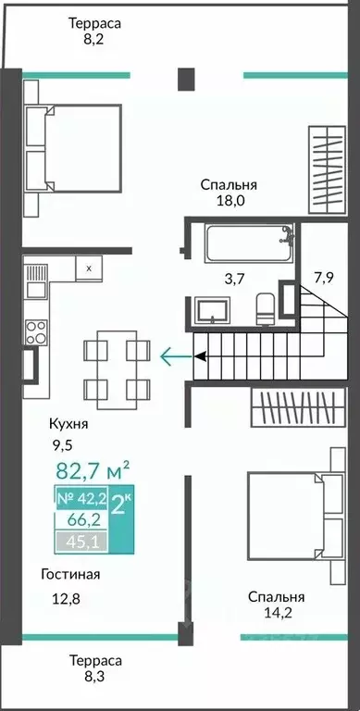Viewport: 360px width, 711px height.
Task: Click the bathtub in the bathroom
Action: pos(250,243)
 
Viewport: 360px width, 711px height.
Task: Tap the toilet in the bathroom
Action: pos(266,308)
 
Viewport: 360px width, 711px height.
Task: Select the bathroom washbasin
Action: pos(212,310)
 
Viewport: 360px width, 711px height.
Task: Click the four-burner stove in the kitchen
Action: pos(36,332)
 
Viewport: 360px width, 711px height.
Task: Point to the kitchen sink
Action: pos(35,281)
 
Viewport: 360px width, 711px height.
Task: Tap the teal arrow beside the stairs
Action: pos(177,356)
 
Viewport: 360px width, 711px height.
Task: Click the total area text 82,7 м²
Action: pos(93,470)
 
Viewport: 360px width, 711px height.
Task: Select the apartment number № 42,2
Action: pos(81,499)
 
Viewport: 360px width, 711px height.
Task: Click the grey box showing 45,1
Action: pos(81,542)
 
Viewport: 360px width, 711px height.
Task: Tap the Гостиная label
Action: pos(70,574)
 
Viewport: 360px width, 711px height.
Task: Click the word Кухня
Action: pos(68,424)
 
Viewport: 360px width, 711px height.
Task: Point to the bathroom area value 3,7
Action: pos(234,279)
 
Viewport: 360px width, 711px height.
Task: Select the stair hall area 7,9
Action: pos(323,277)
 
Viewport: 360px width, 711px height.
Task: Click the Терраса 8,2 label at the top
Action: pos(94,31)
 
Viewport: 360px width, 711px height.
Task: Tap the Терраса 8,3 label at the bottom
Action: pos(95,668)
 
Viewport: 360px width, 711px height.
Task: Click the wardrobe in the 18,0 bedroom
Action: pos(327,169)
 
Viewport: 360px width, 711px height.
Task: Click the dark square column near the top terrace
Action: pos(186,79)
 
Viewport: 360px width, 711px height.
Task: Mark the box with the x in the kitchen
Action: pos(89,268)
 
